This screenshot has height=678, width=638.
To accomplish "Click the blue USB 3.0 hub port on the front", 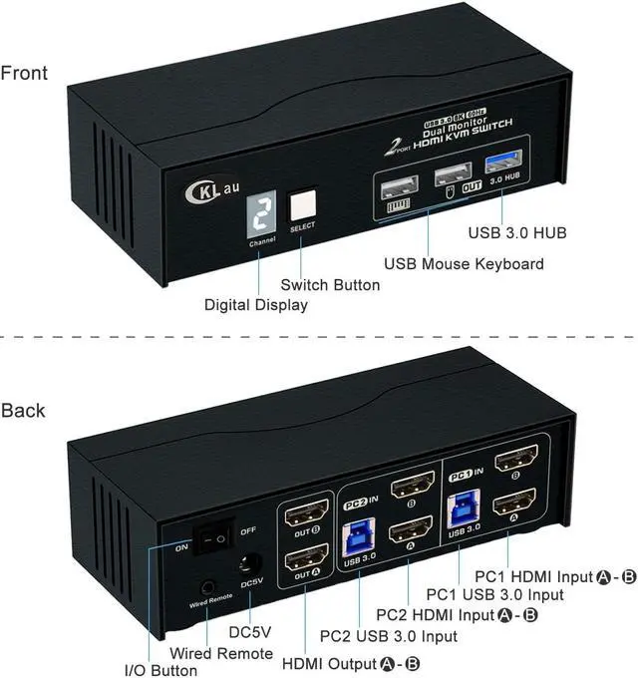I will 501,166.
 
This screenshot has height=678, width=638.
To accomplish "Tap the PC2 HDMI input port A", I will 409,529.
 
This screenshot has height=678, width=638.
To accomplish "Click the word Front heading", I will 24,73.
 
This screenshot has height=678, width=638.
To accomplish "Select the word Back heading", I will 23,410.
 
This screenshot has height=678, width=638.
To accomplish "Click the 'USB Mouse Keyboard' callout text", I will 464,264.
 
